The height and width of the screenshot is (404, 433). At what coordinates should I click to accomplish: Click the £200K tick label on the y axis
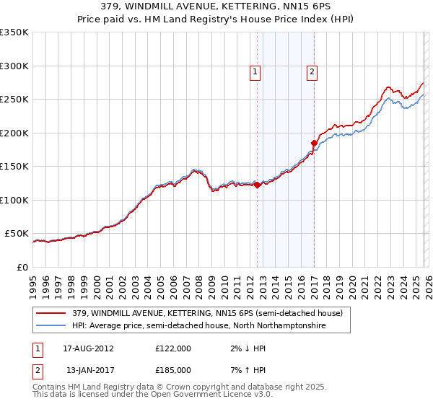[x=14, y=133]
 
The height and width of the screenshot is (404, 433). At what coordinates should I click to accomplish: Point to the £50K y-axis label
[x=17, y=234]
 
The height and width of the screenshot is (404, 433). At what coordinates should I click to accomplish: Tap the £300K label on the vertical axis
[x=14, y=66]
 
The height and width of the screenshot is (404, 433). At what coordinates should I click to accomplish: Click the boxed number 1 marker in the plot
[x=255, y=71]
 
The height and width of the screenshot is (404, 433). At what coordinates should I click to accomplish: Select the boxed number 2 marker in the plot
[x=312, y=71]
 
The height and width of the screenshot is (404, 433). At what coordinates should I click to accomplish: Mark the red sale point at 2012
[x=257, y=185]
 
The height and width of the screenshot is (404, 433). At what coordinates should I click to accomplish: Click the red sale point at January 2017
[x=314, y=143]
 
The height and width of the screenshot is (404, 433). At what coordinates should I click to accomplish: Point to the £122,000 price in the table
[x=173, y=348]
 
